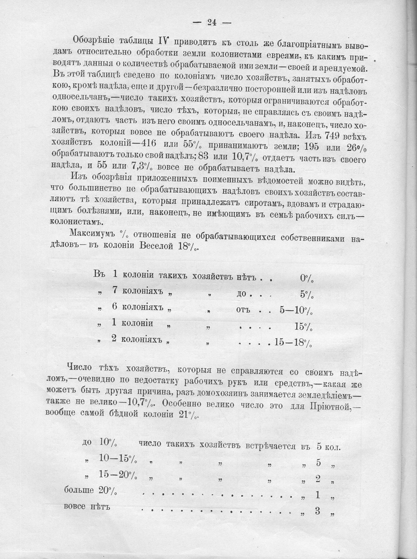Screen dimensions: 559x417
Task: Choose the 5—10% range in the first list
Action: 294,310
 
